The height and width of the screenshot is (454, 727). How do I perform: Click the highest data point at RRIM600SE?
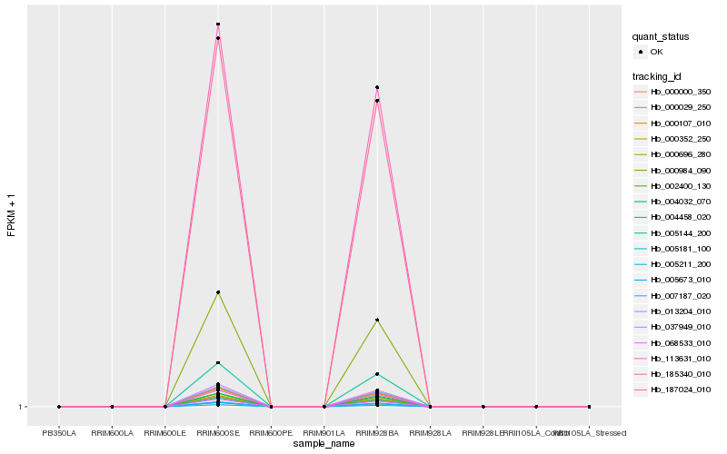[218, 25]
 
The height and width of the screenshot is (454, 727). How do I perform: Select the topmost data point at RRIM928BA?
[377, 87]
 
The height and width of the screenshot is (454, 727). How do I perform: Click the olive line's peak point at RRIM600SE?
[218, 292]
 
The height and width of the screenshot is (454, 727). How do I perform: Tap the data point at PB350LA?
[59, 407]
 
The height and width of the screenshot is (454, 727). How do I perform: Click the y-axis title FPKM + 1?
[12, 216]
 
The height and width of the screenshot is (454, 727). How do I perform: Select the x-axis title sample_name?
[324, 444]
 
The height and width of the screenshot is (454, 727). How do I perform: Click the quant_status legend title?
[661, 37]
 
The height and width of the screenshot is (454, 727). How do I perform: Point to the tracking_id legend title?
[657, 76]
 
